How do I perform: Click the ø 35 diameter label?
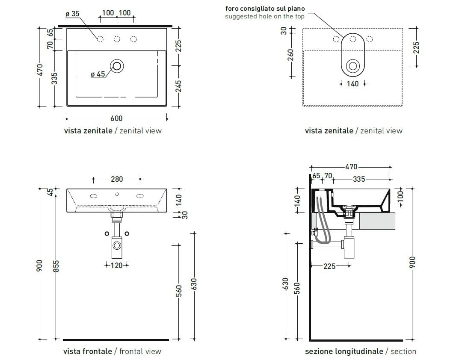(72, 14)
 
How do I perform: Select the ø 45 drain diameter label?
(98, 74)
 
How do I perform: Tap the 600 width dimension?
(116, 118)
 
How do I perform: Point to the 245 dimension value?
(179, 86)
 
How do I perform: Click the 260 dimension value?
(291, 55)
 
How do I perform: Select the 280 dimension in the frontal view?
(117, 179)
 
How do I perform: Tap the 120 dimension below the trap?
(117, 266)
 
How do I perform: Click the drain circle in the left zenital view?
(117, 65)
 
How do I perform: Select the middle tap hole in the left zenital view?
(116, 39)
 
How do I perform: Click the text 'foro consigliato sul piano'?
(265, 8)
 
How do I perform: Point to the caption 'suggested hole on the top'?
(265, 17)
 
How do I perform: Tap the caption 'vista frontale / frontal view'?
(112, 351)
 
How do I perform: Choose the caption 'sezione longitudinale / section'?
(360, 351)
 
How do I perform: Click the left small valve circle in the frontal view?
(107, 233)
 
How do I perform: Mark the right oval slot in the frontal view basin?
(139, 196)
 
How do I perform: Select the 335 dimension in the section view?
(359, 179)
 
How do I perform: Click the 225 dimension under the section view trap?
(329, 266)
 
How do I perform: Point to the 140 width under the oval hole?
(352, 84)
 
